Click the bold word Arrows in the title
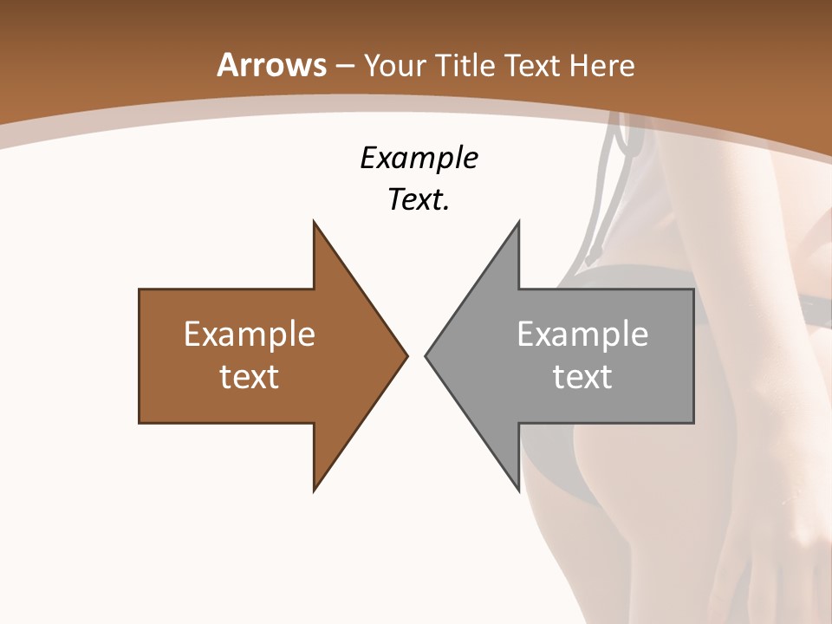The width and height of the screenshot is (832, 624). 272,65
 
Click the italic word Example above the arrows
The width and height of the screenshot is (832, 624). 419,159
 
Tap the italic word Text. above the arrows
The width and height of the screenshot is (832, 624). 419,200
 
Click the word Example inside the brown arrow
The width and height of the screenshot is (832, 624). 250,335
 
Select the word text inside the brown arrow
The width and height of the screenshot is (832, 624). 250,377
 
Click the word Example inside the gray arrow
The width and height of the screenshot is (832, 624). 582,335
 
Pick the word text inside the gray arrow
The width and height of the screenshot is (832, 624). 582,377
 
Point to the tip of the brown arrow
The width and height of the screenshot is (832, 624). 406,355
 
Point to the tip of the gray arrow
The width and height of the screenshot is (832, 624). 426,355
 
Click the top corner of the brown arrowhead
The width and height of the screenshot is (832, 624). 315,223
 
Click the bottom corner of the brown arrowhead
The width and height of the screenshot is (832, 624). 315,490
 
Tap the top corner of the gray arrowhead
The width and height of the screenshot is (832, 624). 518,223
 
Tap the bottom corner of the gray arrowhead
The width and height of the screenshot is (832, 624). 518,490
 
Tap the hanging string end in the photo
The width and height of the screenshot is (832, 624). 592,256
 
